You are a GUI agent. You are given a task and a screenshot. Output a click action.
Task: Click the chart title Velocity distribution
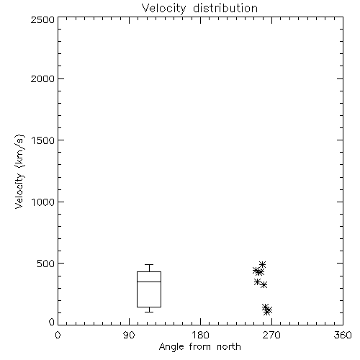[199, 8]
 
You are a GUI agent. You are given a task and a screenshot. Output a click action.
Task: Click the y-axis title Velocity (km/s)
[19, 171]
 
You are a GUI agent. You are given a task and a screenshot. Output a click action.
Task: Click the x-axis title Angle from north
[199, 347]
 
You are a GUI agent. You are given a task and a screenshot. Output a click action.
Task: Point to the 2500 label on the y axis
[42, 19]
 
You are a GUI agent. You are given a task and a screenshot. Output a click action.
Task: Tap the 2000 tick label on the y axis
[42, 78]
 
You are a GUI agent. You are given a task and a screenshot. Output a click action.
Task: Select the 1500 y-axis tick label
[43, 140]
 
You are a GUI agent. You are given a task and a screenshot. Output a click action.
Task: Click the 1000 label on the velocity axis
[43, 202]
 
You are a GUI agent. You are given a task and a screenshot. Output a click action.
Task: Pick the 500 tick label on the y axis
[46, 264]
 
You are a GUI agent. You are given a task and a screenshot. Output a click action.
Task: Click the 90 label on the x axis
[129, 335]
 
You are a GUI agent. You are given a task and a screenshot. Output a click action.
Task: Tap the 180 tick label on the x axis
[200, 335]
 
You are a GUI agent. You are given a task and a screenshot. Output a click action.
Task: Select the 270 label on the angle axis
[271, 335]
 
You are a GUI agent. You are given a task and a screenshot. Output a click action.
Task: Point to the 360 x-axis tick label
[343, 335]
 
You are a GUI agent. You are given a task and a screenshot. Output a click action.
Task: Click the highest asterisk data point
[262, 264]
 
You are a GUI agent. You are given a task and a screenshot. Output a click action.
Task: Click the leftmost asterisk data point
[256, 271]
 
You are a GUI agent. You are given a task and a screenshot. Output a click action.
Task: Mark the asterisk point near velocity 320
[264, 285]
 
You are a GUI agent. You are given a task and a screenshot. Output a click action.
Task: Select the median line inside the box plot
[149, 282]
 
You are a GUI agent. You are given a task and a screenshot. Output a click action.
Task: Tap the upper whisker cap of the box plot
[149, 264]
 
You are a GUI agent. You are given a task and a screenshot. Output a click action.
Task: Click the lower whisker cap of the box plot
[149, 312]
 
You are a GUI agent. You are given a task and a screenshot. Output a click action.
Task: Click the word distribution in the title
[225, 8]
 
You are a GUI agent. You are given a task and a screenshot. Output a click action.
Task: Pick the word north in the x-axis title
[229, 347]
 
